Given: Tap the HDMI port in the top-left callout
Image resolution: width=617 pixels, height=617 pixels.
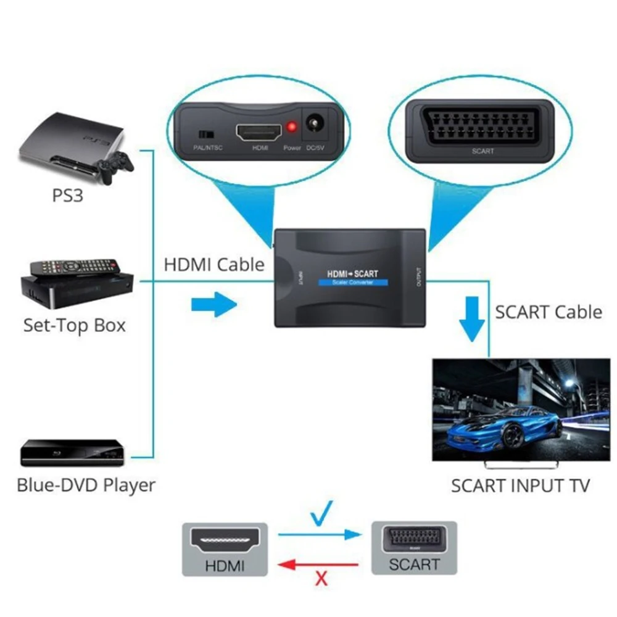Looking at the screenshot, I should pyautogui.click(x=257, y=131).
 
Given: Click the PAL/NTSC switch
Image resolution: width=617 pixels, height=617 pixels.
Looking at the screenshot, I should pyautogui.click(x=204, y=133).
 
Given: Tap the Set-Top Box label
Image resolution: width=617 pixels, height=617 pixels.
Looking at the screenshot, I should pyautogui.click(x=74, y=325).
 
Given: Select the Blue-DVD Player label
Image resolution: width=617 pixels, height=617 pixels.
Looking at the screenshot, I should pyautogui.click(x=86, y=485).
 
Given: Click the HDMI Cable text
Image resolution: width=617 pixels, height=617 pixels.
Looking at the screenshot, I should pyautogui.click(x=213, y=265).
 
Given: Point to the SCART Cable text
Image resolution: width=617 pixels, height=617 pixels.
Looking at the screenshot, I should pyautogui.click(x=549, y=312).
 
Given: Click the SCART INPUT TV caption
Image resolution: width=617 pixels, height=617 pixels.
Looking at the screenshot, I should pyautogui.click(x=520, y=485).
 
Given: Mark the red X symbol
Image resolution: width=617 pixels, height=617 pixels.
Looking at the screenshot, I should pyautogui.click(x=320, y=578).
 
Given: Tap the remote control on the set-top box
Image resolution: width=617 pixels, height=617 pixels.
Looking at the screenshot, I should pyautogui.click(x=73, y=267).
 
